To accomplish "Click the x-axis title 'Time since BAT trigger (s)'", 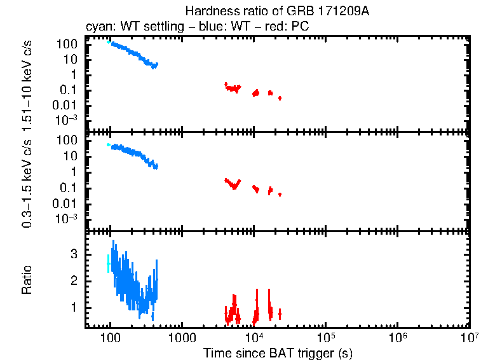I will [x=278, y=353].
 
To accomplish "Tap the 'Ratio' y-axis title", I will [x=27, y=280].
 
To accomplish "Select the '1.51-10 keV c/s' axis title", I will [x=27, y=83].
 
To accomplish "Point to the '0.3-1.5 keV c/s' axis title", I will [x=27, y=181].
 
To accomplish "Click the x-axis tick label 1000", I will [x=182, y=337].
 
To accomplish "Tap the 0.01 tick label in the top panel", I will [x=68, y=105].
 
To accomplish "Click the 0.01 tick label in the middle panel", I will [x=68, y=204].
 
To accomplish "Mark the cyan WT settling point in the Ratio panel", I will [x=109, y=263].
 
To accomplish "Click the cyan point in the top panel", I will [x=109, y=43].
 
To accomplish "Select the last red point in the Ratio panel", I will [x=280, y=314].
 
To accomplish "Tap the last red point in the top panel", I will [x=280, y=98].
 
